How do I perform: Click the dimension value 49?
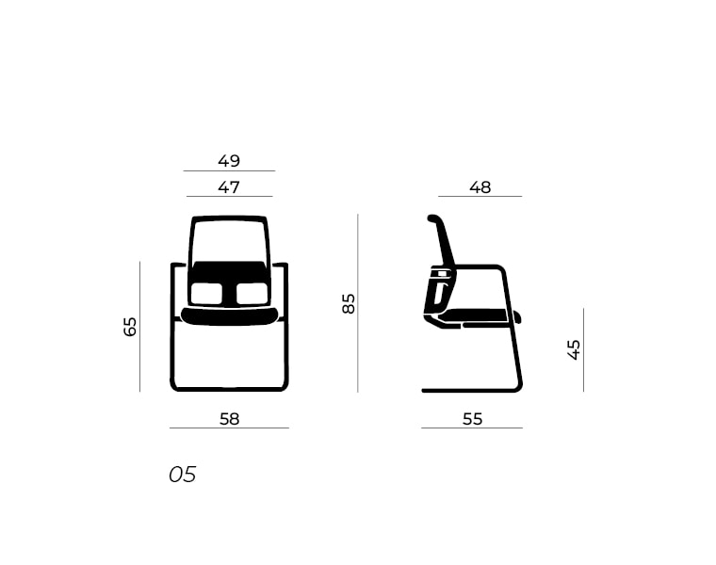tap(229, 161)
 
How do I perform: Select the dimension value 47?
tap(229, 187)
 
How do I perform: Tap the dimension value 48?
tap(480, 187)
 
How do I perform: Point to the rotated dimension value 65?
tap(130, 327)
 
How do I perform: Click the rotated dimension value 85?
tap(349, 303)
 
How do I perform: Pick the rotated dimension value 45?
tap(574, 349)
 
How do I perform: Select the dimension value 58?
tap(229, 419)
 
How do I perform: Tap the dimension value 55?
tap(472, 419)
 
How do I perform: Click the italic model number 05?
tap(183, 475)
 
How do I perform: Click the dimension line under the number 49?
tap(229, 171)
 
